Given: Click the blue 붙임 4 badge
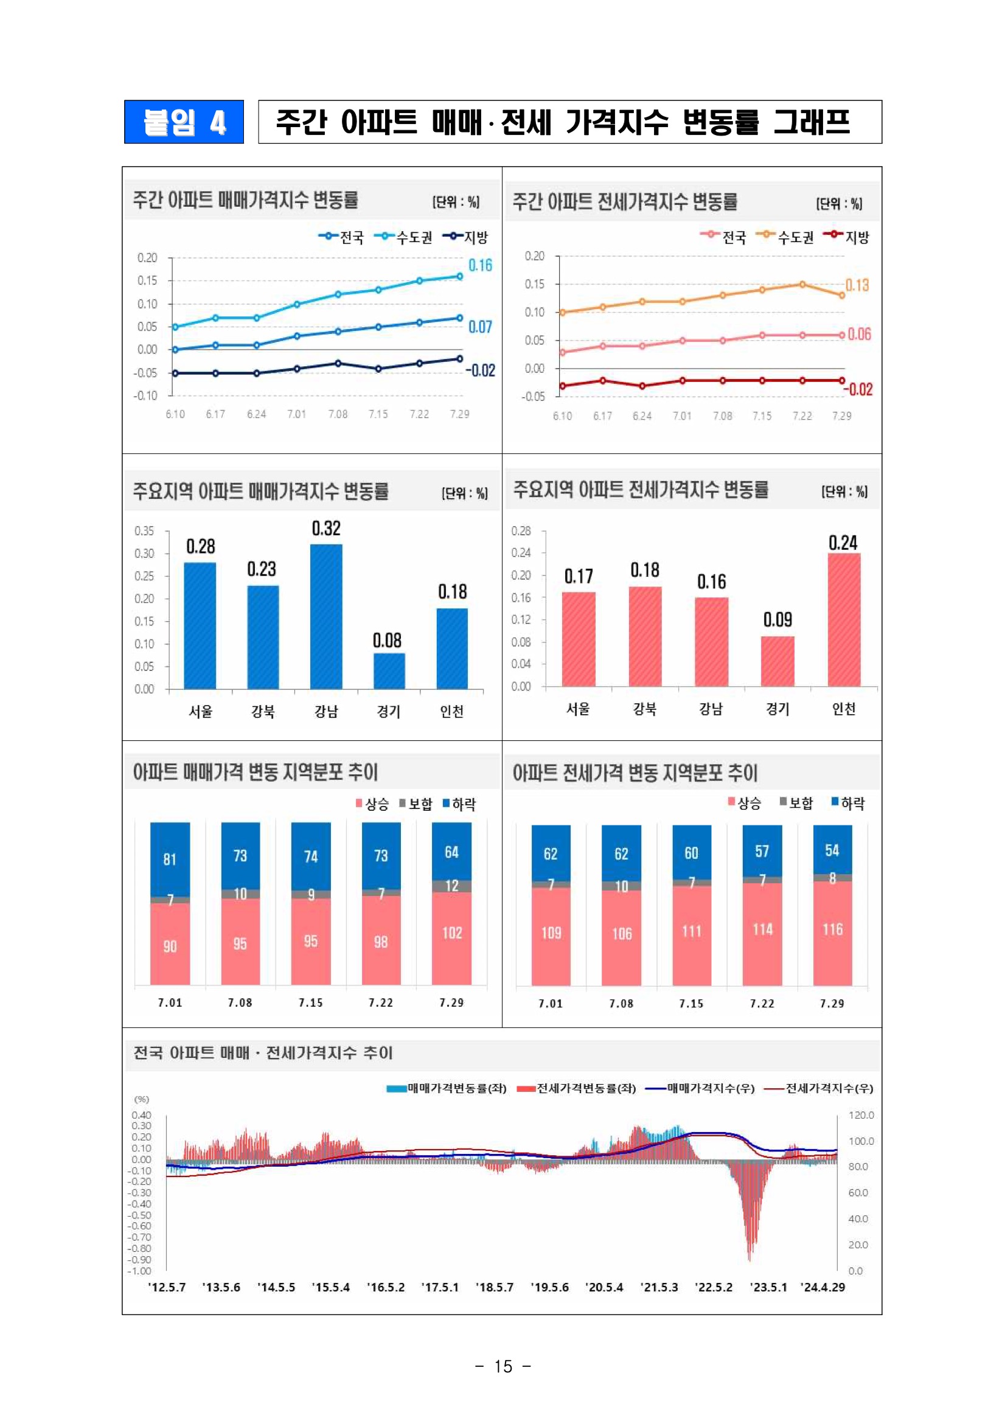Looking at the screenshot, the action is [x=184, y=122].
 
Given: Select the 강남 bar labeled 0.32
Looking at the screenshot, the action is [x=326, y=616].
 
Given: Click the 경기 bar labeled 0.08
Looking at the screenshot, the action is [x=389, y=671].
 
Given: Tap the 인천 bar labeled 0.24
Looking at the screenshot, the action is [x=844, y=619].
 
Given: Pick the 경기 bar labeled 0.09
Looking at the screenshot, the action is [x=778, y=661].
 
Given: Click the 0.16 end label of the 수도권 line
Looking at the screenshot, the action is [x=480, y=265].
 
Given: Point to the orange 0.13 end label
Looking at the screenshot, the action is [x=857, y=285].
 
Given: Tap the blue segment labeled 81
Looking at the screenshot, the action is [x=170, y=859].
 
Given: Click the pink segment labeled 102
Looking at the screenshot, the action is [x=452, y=938].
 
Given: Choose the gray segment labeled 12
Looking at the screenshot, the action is [x=452, y=886].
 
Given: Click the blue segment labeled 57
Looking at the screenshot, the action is [x=762, y=851].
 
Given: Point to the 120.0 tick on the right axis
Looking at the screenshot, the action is [x=861, y=1115].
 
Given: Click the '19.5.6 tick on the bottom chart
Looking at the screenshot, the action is [x=549, y=1287].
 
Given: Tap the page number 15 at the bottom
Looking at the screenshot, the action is [x=503, y=1366].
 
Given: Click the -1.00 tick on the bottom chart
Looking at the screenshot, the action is [x=139, y=1271].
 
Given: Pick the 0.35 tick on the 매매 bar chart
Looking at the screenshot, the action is [x=144, y=531].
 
